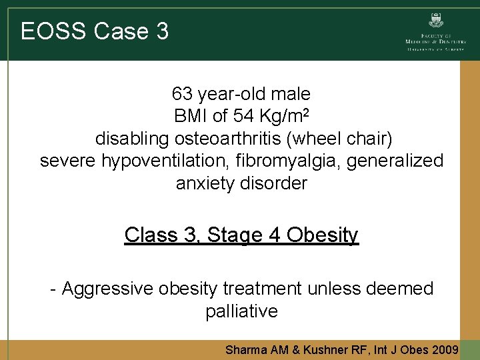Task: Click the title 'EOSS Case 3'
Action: pos(95,31)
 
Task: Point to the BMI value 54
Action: pos(244,116)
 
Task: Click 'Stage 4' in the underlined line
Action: pos(243,235)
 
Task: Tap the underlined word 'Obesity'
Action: pos(324,235)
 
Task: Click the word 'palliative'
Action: pos(241,311)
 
